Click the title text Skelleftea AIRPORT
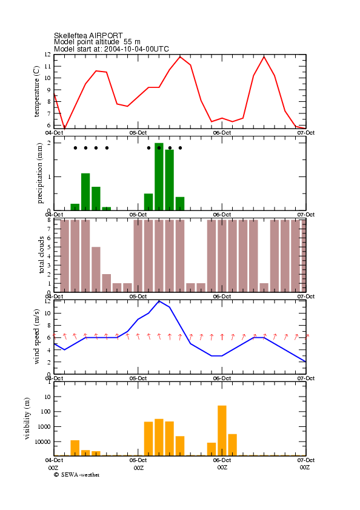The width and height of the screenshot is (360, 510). click(88, 35)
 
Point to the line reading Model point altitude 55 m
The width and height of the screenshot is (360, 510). click(97, 42)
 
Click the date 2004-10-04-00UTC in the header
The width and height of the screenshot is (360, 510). click(136, 49)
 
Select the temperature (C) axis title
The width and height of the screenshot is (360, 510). click(36, 91)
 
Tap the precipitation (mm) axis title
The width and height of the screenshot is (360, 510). click(39, 173)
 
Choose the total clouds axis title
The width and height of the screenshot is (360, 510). click(41, 255)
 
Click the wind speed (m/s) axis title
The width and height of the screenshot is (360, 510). click(36, 337)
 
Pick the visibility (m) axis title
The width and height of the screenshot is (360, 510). click(27, 418)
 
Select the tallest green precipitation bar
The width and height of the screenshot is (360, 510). click(159, 176)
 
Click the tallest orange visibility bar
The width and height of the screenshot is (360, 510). click(222, 431)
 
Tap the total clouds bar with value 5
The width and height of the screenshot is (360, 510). click(96, 270)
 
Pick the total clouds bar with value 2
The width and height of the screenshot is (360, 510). click(106, 283)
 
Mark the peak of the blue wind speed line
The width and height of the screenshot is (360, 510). click(159, 301)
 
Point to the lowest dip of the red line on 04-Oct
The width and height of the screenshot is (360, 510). click(65, 128)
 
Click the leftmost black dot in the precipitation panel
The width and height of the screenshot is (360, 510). click(75, 148)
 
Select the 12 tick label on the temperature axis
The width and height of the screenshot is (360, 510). click(48, 55)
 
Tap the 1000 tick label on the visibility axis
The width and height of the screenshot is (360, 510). click(44, 426)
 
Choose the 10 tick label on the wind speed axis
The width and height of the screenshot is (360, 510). click(48, 313)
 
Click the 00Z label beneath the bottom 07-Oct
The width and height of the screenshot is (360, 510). click(305, 468)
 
